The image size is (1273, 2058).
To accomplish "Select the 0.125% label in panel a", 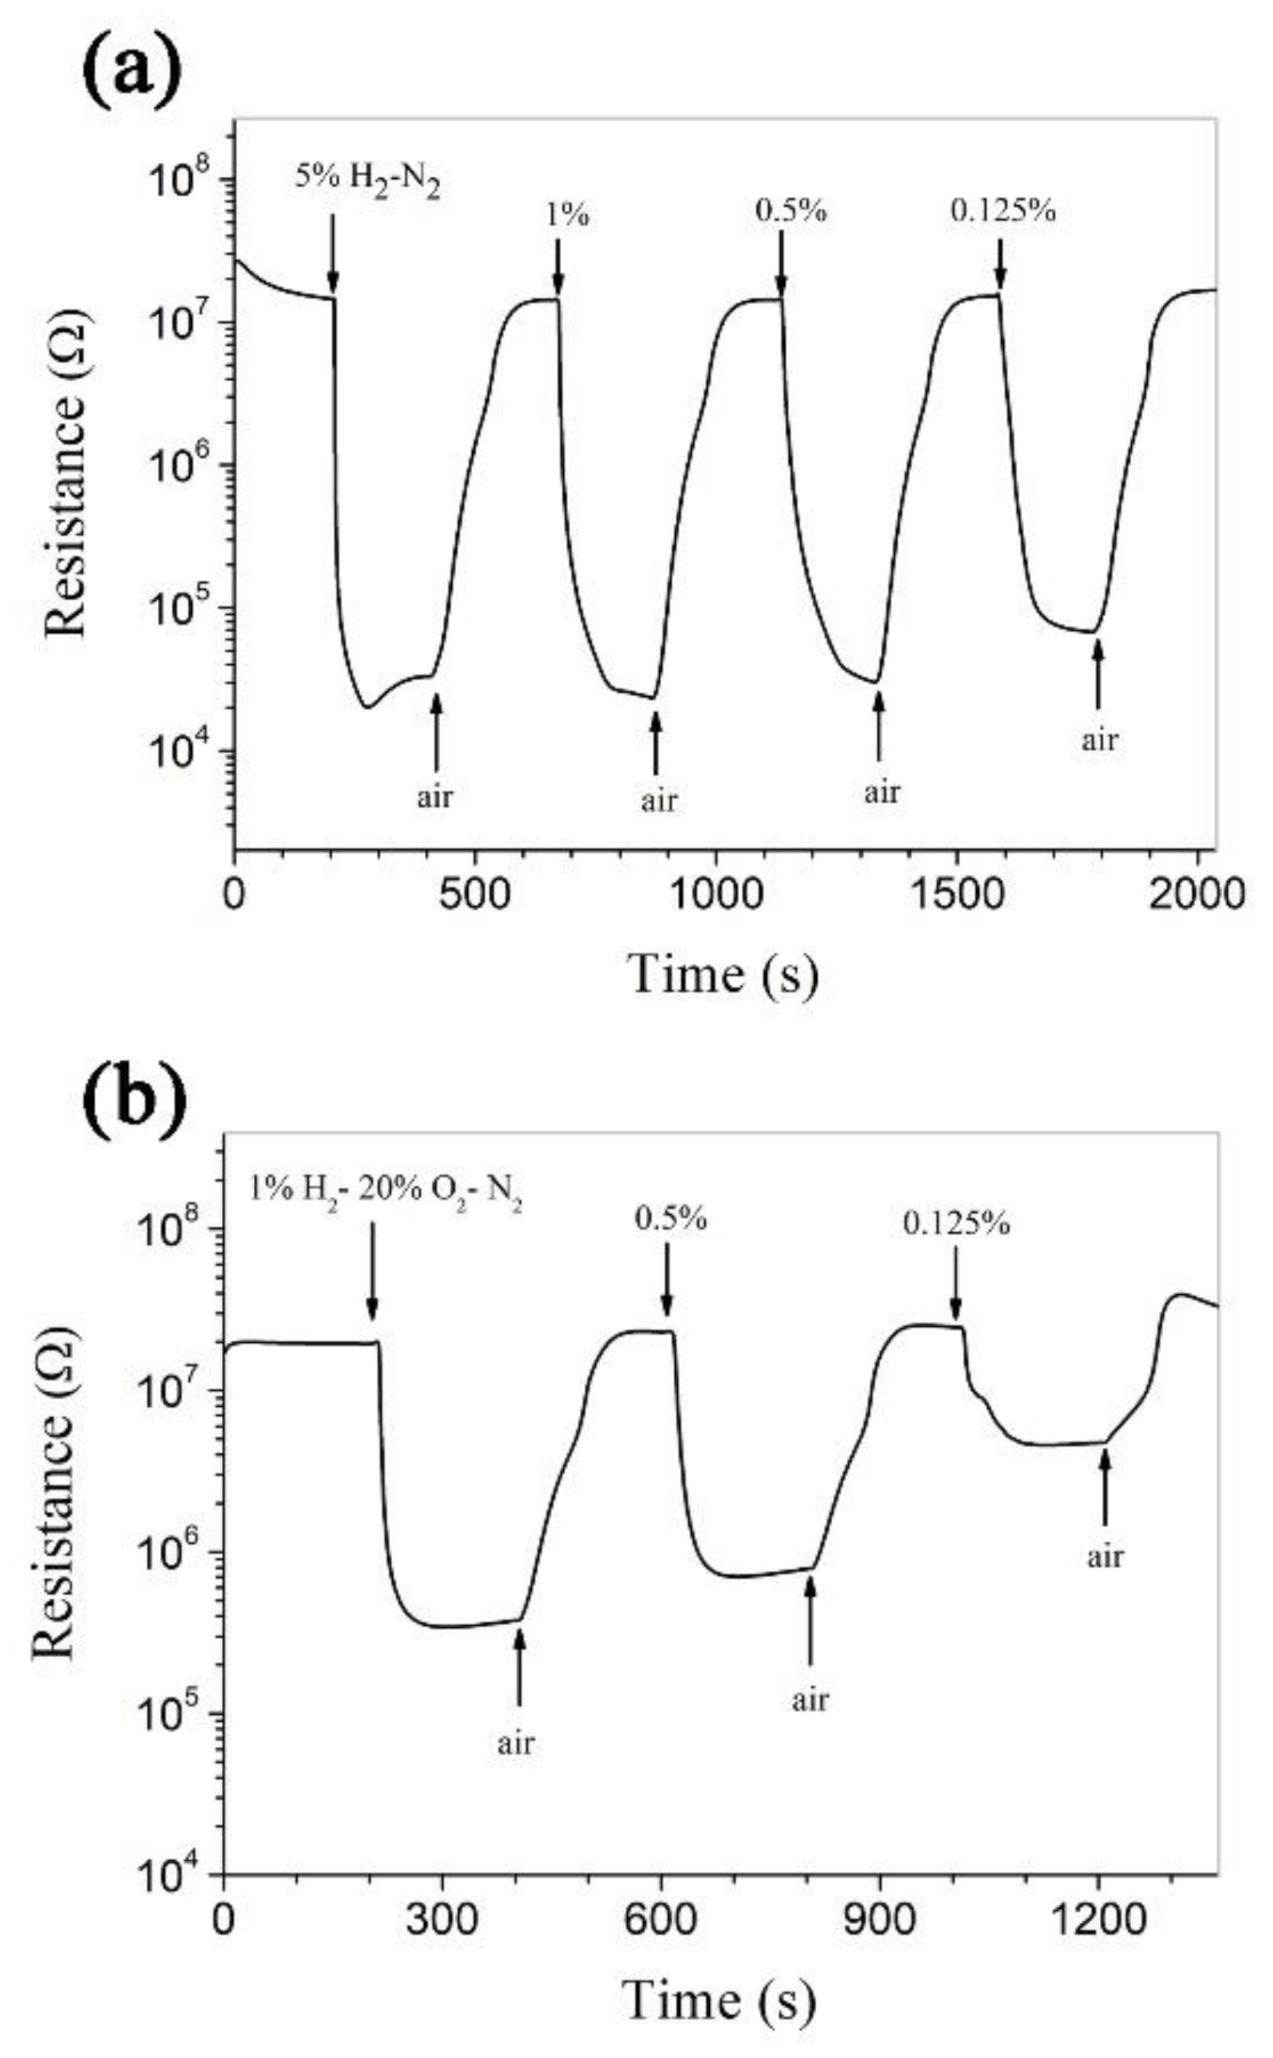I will point(1002,210).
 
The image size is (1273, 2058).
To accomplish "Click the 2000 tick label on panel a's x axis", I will point(1197,896).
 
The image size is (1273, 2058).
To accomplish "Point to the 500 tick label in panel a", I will point(476,896).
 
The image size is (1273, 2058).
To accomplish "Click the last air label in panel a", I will point(1100,740).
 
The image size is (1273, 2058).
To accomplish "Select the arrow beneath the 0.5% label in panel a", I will point(781,263).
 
